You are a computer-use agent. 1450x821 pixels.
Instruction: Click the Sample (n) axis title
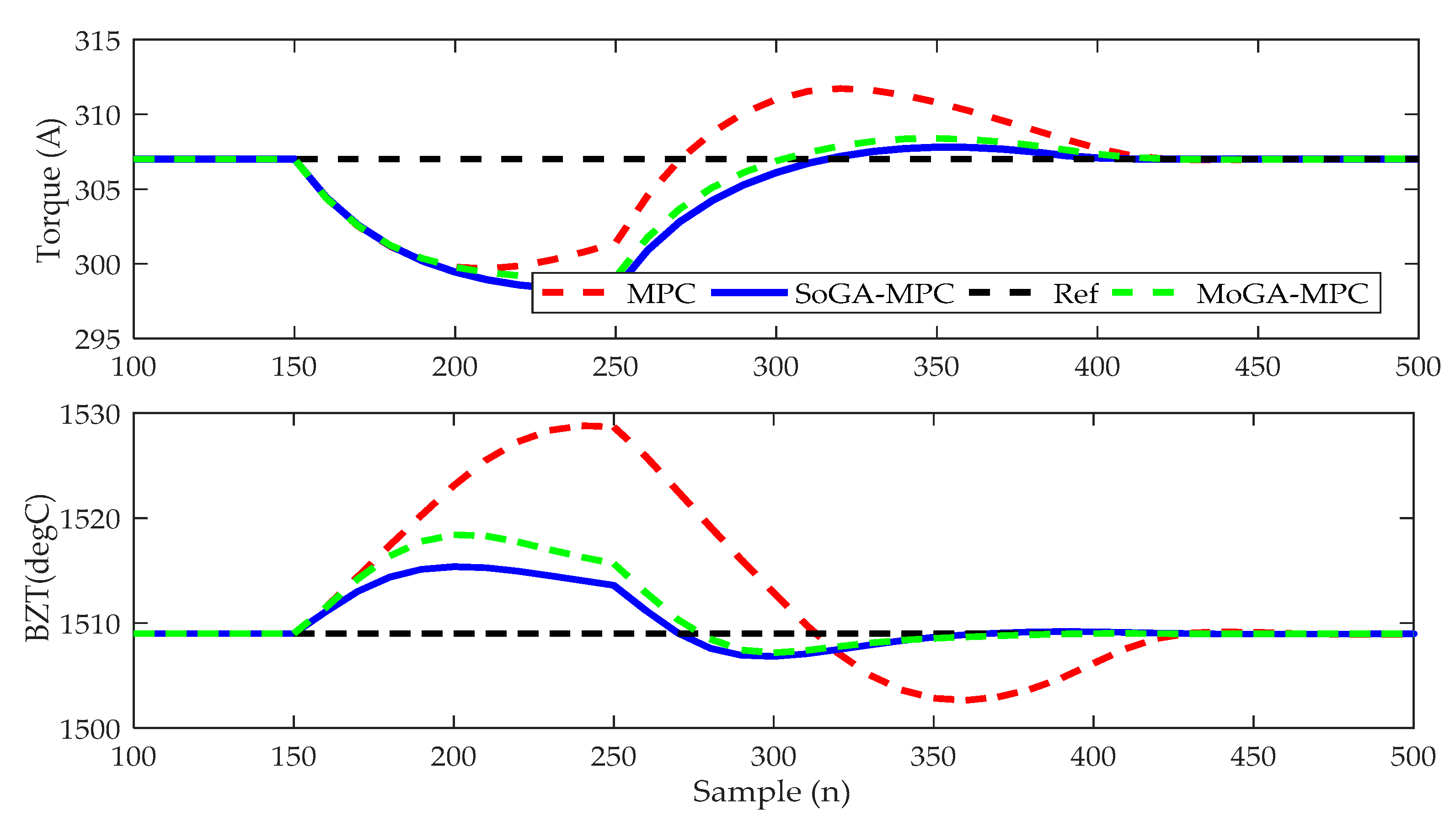771,792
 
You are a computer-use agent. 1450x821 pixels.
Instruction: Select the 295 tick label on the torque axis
97,340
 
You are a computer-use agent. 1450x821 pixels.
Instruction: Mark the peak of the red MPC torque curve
841,89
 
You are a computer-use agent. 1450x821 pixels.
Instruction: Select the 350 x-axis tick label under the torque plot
936,368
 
